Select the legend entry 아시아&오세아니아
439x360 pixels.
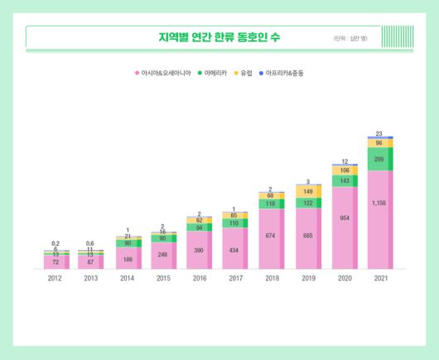coord(165,74)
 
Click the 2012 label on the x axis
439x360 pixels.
coord(55,279)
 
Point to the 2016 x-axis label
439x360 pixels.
coord(199,279)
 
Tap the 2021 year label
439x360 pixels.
coord(379,279)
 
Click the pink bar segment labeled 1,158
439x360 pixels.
coord(379,219)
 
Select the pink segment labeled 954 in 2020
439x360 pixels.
coord(344,228)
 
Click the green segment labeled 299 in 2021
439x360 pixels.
coord(379,159)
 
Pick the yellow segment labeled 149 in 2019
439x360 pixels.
coord(307,192)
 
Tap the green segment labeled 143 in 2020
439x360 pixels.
coord(344,180)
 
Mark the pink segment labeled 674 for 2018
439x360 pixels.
coord(271,238)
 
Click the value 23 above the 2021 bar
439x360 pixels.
coord(379,133)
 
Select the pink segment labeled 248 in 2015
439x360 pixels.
coord(163,256)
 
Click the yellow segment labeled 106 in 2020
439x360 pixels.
coord(344,170)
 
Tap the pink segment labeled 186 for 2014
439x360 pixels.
coord(128,259)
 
